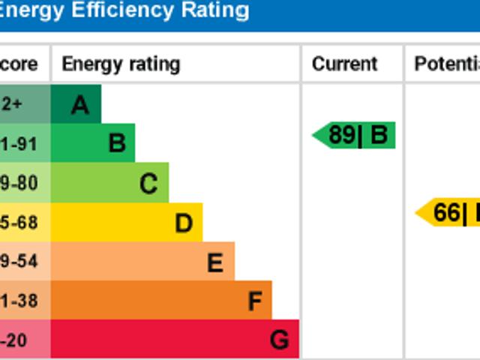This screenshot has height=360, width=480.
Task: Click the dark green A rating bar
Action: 76,105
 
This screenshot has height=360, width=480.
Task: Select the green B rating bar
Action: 93,142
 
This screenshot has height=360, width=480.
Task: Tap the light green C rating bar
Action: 109,182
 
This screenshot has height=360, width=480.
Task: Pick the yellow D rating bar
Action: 126,222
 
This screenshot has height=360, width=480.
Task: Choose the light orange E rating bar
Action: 142,262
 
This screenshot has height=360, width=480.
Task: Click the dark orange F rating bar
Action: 161,301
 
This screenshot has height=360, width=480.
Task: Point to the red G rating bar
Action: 175,340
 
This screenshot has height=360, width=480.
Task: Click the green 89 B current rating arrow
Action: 354,136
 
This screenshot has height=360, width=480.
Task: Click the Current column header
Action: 344,64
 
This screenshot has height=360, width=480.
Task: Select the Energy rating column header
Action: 121,64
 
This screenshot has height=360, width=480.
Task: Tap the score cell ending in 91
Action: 20,143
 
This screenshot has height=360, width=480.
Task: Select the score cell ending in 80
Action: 20,183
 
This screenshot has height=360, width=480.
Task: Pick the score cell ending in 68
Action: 20,223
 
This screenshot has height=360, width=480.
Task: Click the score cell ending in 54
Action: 20,262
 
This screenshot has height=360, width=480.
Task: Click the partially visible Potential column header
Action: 446,64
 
